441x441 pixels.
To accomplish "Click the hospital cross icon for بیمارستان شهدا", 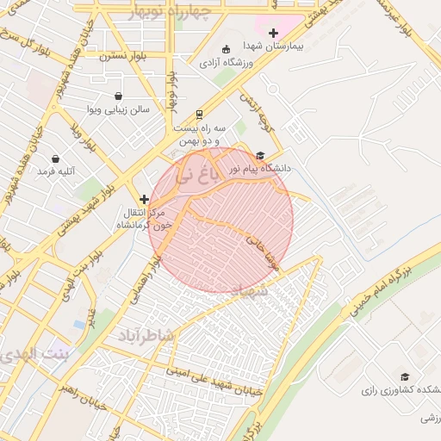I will click(x=274, y=33).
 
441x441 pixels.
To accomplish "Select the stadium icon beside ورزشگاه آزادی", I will click(x=226, y=49).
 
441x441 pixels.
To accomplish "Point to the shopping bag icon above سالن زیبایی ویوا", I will click(x=118, y=96).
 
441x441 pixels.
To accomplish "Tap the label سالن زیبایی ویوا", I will click(x=118, y=109).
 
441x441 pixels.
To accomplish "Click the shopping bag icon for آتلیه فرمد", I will click(x=56, y=159).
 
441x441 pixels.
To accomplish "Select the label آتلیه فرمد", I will click(x=56, y=171).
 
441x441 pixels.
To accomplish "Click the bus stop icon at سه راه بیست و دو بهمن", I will click(x=200, y=114).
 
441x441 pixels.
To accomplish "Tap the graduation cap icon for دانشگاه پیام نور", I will click(x=260, y=156).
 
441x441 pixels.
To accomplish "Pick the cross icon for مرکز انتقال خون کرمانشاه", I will click(x=144, y=199).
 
